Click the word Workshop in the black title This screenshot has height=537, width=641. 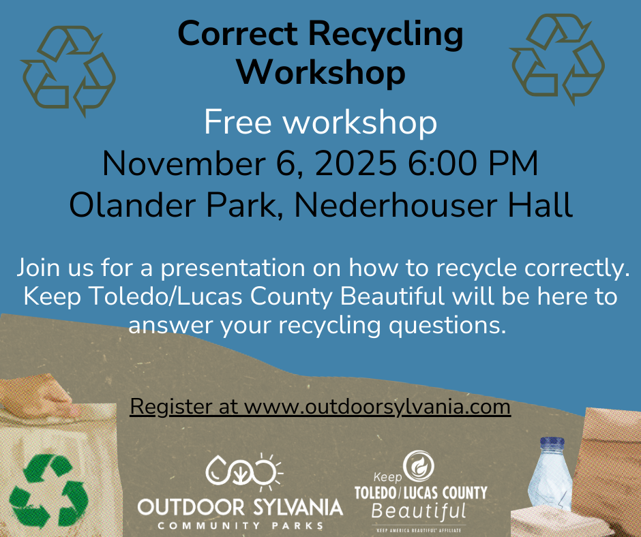pos(321,72)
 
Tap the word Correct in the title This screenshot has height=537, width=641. pos(237,33)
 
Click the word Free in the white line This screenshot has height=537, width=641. pos(237,122)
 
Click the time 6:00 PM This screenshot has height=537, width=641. pos(473,163)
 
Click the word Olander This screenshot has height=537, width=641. pos(135,204)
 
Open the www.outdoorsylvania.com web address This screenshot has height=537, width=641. pos(377,407)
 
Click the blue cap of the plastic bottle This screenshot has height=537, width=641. pos(552,443)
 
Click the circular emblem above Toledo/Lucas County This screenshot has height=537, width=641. pos(419,466)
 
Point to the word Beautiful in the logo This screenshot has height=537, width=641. pos(419,511)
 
